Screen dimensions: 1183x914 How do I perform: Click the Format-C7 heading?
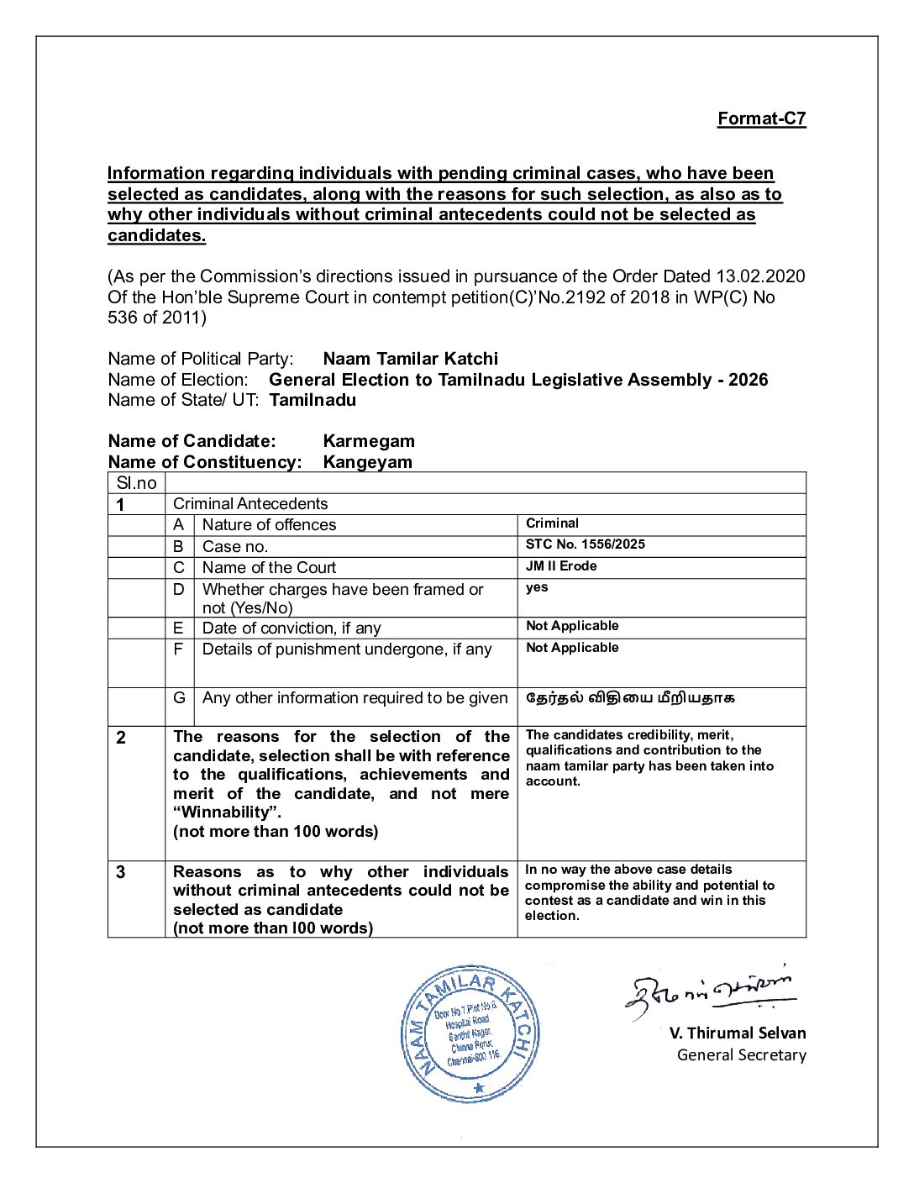(761, 118)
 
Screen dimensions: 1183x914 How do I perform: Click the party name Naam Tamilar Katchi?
(410, 359)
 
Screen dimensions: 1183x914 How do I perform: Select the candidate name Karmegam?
(368, 441)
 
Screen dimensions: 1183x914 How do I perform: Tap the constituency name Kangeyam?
(367, 462)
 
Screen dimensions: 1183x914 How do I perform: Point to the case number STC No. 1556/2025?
(585, 544)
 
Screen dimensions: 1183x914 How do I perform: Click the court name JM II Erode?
(561, 566)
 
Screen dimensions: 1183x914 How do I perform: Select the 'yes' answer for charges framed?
(537, 587)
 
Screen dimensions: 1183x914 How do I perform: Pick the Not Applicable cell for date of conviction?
(572, 626)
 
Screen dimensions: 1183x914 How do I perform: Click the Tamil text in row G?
(630, 697)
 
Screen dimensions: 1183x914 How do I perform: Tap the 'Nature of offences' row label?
(269, 525)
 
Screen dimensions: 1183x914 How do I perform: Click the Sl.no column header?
(136, 483)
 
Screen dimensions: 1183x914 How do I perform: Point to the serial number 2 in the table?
(121, 738)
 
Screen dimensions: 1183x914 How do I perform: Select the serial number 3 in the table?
(121, 872)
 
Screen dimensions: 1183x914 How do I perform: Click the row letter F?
(178, 649)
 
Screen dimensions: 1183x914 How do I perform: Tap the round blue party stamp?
(470, 1033)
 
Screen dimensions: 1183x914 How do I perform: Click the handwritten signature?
(710, 991)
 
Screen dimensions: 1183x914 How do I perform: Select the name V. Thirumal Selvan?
(737, 1033)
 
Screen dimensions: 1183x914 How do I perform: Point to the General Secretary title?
(741, 1055)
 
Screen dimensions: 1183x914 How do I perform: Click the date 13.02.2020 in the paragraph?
(759, 276)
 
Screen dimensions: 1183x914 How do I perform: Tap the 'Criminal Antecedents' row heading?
(250, 504)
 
